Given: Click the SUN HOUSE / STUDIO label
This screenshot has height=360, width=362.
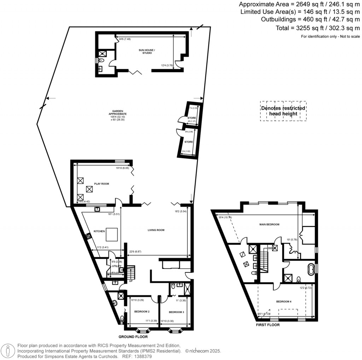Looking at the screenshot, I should (147, 52).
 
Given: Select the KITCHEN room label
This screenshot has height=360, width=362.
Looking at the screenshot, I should (99, 231).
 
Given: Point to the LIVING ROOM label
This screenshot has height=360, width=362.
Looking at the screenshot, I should (156, 230).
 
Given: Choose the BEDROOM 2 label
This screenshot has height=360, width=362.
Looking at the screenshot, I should (142, 312).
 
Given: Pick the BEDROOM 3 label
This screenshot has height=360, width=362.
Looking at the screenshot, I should (176, 312).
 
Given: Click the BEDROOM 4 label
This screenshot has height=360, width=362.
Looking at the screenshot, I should (284, 302).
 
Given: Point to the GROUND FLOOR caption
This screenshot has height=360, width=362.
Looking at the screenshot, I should (133, 337).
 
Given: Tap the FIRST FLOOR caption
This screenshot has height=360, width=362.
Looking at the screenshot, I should (268, 325).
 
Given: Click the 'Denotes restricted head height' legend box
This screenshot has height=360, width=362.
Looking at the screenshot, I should (283, 111).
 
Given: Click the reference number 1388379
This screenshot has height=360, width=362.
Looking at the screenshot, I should (142, 357).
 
